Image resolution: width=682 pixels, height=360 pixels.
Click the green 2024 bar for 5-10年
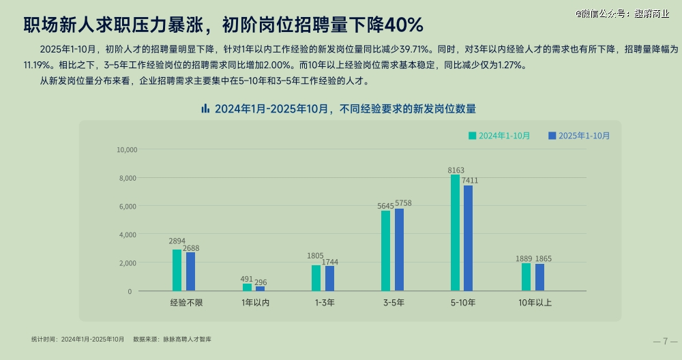(x=455, y=233)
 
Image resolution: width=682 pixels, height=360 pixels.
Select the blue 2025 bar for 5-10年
(x=468, y=239)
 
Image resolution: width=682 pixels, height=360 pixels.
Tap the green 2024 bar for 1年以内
(x=247, y=287)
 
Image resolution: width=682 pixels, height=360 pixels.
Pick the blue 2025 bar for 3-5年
(x=399, y=250)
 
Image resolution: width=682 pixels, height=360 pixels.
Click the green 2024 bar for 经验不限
(x=177, y=270)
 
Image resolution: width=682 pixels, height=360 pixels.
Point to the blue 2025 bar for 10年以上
(x=539, y=277)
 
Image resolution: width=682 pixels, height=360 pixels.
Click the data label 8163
(x=456, y=170)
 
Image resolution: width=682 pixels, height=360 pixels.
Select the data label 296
(x=261, y=282)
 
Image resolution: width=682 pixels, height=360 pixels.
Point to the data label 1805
(x=315, y=256)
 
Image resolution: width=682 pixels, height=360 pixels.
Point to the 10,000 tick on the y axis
(x=128, y=150)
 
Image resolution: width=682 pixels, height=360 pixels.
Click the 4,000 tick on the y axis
(x=130, y=235)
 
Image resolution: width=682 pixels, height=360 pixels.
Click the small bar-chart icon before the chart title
(x=205, y=108)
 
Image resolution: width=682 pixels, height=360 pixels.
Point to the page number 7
(x=665, y=341)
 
